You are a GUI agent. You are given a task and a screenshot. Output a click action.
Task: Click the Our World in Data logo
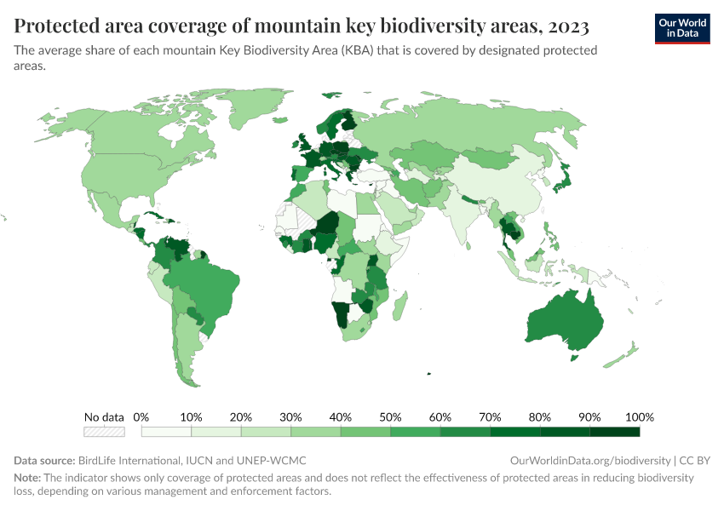tap(681, 28)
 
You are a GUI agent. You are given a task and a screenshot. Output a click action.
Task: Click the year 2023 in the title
tap(562, 26)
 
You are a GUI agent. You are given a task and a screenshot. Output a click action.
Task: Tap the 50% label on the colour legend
tap(390, 417)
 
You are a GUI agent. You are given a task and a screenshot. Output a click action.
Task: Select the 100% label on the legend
tap(639, 417)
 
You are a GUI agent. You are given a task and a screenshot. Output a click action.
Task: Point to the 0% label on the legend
tap(141, 417)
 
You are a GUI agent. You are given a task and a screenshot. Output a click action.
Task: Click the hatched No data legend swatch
tap(104, 432)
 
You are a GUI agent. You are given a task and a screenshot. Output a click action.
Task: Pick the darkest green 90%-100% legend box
tap(614, 432)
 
